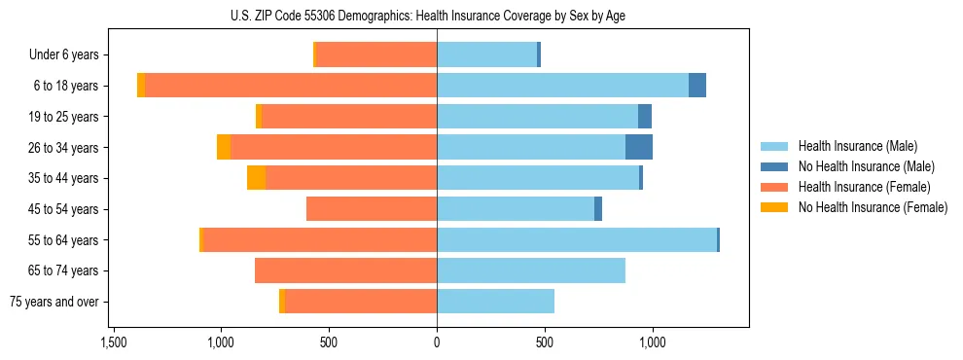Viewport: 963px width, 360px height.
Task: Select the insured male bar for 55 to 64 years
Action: pyautogui.click(x=576, y=239)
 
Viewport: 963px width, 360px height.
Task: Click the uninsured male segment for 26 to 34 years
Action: pyautogui.click(x=638, y=147)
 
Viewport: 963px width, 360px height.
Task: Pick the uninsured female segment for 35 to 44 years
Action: pyautogui.click(x=256, y=178)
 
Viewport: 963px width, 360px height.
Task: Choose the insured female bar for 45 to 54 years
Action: pyautogui.click(x=372, y=209)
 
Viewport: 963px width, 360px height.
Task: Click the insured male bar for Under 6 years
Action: pyautogui.click(x=486, y=54)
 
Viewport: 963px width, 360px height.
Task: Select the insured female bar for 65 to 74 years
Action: pyautogui.click(x=345, y=270)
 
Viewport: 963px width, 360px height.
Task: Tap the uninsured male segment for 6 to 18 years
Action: pyautogui.click(x=696, y=86)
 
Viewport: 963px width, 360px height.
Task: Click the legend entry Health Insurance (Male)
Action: pyautogui.click(x=857, y=146)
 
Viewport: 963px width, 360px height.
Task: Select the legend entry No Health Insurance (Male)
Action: pyautogui.click(x=866, y=166)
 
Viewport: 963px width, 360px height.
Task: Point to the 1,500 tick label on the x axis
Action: pyautogui.click(x=113, y=342)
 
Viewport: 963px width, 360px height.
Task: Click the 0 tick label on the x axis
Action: pyautogui.click(x=437, y=342)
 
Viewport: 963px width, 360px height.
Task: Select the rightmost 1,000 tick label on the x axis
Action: pyautogui.click(x=652, y=342)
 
